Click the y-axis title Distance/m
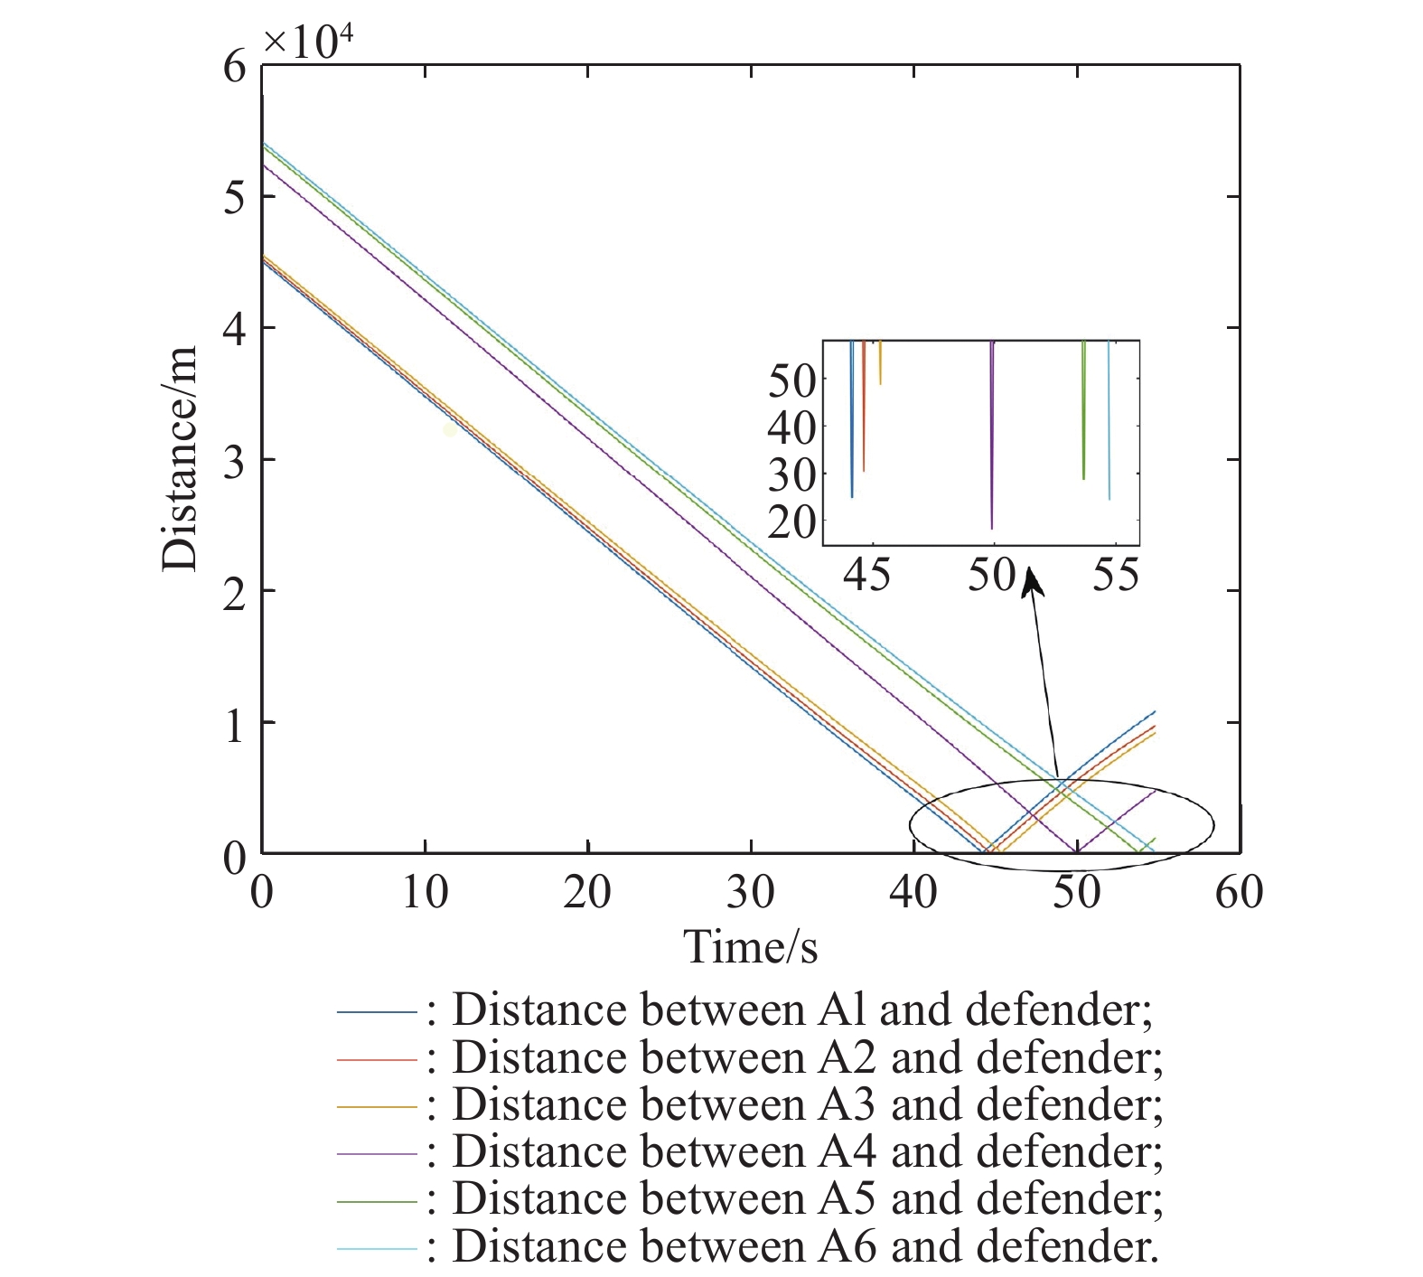(181, 459)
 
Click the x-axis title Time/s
(750, 947)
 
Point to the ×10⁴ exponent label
(307, 42)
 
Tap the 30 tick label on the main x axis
(750, 893)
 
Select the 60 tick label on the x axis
(1239, 893)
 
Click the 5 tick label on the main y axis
(234, 197)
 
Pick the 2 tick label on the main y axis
(234, 592)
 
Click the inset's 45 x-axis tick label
(867, 574)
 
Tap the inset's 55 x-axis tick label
(1116, 574)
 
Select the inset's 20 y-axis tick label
(791, 521)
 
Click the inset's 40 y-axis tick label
(791, 427)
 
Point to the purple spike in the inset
(992, 434)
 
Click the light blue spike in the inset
(1109, 420)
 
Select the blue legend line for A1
(377, 1011)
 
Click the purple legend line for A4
(377, 1153)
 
